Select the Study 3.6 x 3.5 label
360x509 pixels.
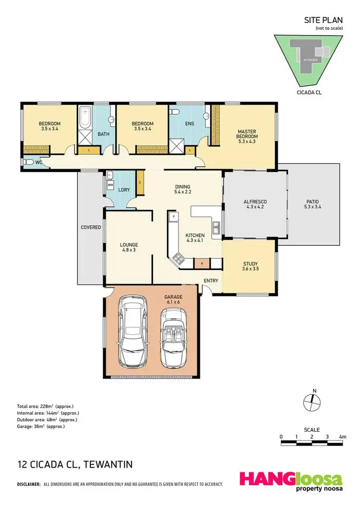pos(250,267)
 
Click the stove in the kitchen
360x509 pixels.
pos(179,260)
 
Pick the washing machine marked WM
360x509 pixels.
pos(110,184)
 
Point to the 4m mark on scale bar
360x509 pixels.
pos(342,436)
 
